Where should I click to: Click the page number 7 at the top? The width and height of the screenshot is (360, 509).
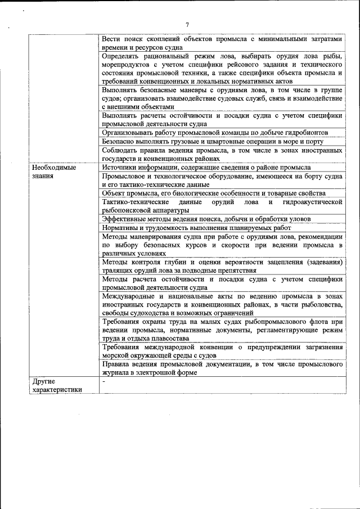pos(187,24)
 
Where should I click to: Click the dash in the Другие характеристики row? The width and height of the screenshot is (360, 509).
pos(104,382)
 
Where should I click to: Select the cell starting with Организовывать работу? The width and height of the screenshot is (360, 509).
pos(223,132)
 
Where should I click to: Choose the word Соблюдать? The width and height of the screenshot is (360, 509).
pos(121,150)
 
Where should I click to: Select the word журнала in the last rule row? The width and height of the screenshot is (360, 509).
pos(116,372)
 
